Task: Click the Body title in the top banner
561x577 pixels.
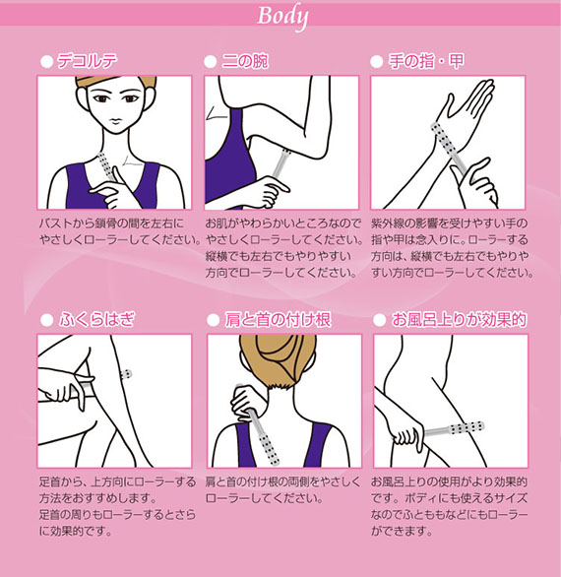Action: point(282,17)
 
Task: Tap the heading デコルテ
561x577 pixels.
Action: point(88,61)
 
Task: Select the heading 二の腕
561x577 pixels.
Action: point(245,61)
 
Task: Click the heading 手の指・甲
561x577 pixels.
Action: point(426,61)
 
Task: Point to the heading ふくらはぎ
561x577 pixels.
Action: point(97,319)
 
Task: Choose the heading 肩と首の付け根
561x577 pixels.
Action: point(278,319)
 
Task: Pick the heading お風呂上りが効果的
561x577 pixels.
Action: point(459,319)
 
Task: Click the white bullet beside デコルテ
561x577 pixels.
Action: point(46,62)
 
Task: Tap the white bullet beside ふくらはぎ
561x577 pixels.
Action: point(46,320)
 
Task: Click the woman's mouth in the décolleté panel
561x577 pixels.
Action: point(116,120)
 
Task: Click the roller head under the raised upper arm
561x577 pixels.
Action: point(286,156)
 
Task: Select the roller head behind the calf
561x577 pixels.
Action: point(126,374)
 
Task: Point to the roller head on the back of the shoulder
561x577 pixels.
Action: point(269,450)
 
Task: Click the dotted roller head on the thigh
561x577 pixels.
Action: point(466,427)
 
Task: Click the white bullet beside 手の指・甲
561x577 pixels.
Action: point(377,62)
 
